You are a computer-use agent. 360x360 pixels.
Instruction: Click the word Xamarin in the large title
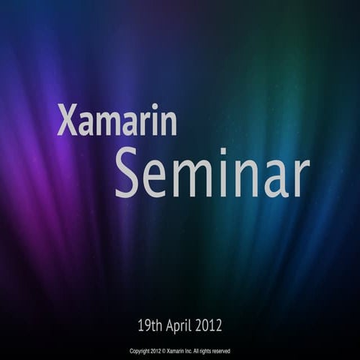[117, 121]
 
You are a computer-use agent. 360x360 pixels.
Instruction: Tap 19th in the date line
[151, 325]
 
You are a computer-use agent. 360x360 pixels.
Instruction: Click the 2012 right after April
[210, 325]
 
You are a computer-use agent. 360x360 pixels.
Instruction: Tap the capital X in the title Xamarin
[66, 121]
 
